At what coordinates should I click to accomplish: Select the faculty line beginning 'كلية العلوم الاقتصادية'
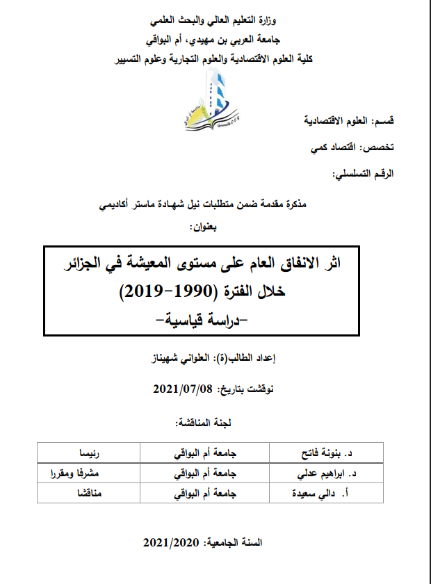pos(215,59)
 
